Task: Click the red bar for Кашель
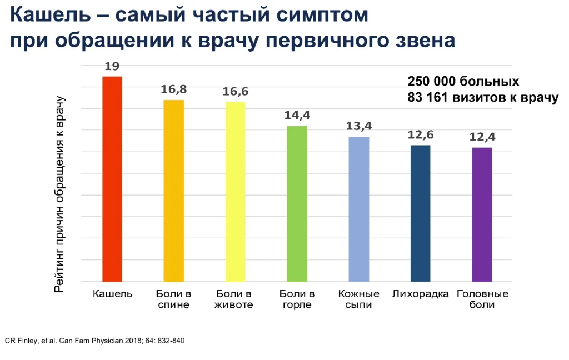click(112, 179)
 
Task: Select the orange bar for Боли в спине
click(173, 191)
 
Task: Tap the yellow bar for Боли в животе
click(235, 192)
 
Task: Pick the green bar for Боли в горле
click(297, 204)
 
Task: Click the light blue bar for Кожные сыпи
click(358, 209)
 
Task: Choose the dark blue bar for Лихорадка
click(420, 213)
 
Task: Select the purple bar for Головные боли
click(482, 214)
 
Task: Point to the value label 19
click(112, 67)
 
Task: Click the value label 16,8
click(173, 89)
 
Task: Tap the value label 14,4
click(297, 116)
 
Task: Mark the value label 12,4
click(482, 137)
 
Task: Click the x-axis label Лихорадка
click(420, 294)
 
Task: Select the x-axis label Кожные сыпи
click(358, 299)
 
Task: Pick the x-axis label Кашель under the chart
click(112, 294)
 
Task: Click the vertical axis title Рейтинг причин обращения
click(60, 194)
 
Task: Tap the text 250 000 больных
click(463, 81)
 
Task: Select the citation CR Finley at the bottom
click(94, 340)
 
